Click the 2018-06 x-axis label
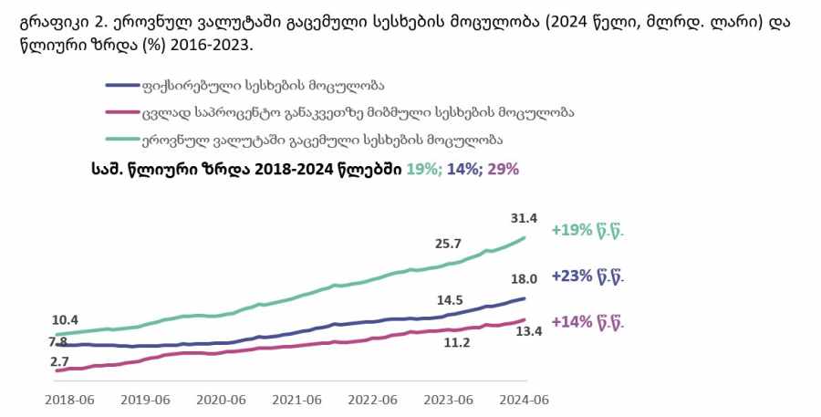[71, 399]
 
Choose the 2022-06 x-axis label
[375, 399]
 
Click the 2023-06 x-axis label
[451, 399]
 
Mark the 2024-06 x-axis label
[524, 399]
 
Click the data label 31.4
[525, 217]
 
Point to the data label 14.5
[449, 299]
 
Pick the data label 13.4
[529, 331]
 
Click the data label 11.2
[456, 342]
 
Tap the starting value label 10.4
[64, 320]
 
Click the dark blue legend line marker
[120, 87]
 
